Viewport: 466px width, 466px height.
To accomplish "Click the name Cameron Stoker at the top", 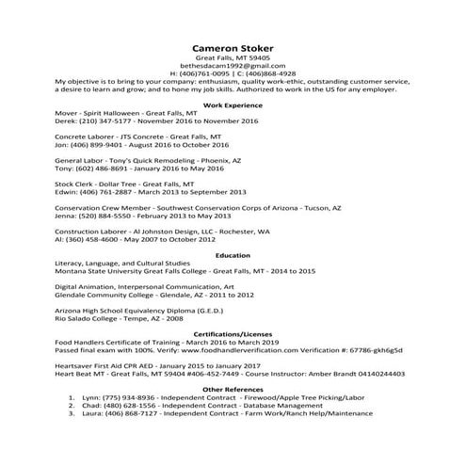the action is pos(233,48).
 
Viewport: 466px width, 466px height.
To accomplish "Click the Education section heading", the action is pos(233,254).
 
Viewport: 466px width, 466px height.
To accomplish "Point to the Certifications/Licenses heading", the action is pos(233,334).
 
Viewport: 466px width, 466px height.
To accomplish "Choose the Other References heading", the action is pos(233,388).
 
